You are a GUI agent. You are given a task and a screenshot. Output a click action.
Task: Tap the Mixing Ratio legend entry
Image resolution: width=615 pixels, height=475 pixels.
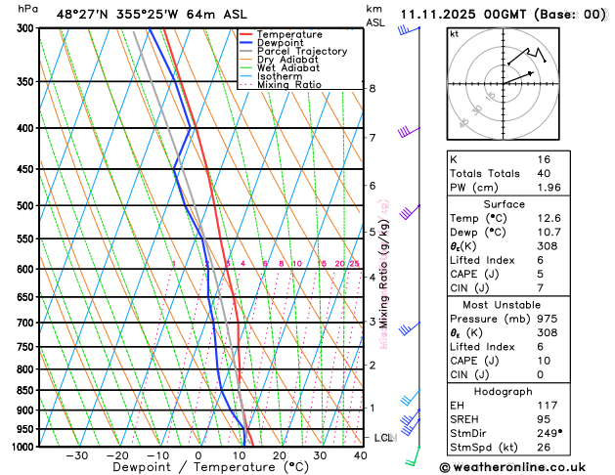(289, 85)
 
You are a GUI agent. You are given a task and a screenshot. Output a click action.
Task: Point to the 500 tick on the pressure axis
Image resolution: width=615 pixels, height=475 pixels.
(25, 206)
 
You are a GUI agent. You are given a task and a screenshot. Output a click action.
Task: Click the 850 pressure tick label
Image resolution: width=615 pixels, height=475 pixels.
(25, 391)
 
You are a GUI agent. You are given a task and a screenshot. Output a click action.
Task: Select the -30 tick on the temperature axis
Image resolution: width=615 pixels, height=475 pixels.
(76, 455)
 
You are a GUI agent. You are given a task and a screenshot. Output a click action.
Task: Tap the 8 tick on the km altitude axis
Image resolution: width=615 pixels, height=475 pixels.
(373, 89)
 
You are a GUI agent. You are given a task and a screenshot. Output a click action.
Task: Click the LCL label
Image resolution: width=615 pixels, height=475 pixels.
(382, 437)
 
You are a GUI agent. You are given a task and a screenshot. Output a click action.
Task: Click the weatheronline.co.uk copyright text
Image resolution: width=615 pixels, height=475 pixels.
(526, 468)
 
